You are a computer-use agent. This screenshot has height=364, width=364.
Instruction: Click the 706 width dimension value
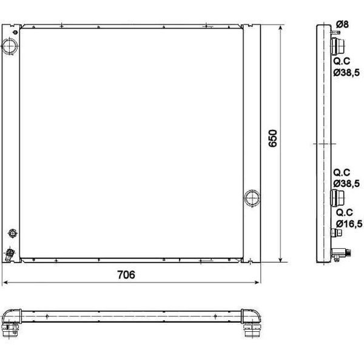point(126,275)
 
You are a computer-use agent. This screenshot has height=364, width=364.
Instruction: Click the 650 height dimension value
point(273,138)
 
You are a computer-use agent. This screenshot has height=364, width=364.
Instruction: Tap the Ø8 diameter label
point(342,24)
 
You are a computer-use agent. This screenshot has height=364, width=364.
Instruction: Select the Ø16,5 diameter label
point(349,224)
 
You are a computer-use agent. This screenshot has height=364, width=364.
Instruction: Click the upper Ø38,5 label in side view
point(346,72)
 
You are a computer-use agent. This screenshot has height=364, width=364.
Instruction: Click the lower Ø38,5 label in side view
point(346,183)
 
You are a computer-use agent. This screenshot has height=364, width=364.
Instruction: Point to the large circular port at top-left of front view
point(10,46)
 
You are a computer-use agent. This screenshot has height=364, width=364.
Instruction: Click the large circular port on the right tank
point(252,198)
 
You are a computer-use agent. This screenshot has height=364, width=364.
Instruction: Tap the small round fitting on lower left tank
point(13,234)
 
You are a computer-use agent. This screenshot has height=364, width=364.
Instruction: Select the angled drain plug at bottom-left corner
point(9,254)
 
